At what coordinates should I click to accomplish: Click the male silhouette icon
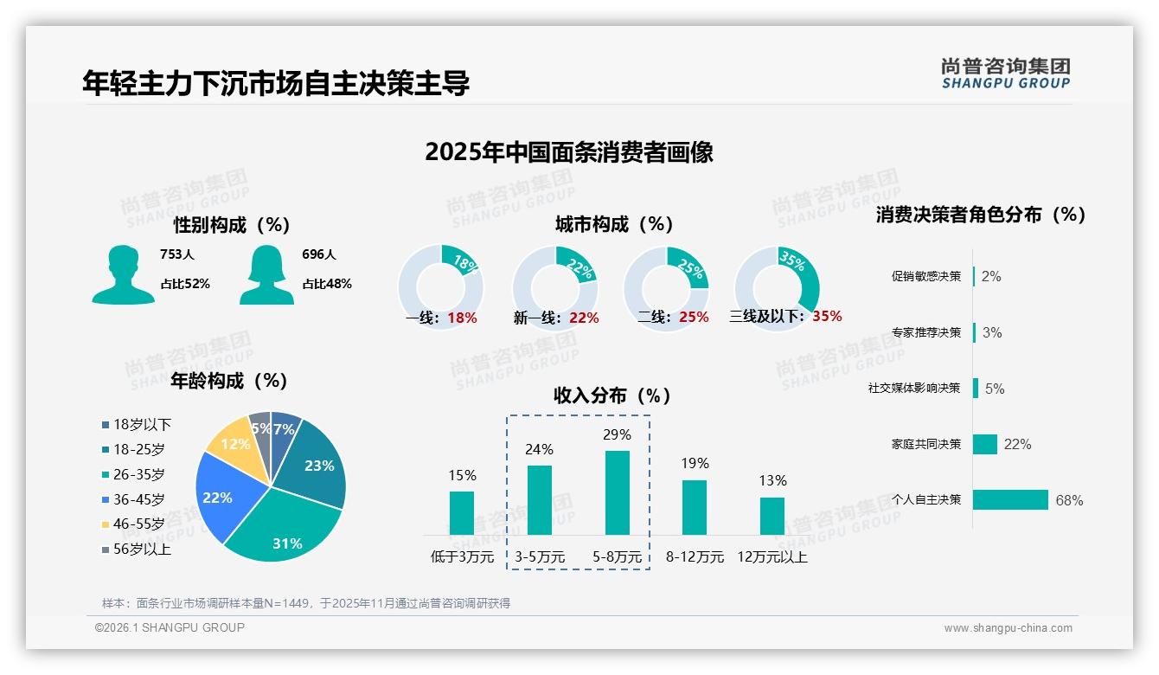[123, 275]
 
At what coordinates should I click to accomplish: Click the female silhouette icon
[266, 275]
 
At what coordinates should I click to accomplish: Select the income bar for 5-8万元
[618, 492]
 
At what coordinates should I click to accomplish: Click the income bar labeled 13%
[772, 516]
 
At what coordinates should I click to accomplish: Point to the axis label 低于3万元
[462, 556]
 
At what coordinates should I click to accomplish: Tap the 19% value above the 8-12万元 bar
[695, 463]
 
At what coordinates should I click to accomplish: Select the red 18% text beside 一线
[462, 318]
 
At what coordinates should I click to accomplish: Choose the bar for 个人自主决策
[1010, 499]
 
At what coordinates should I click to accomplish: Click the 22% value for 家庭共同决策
[1017, 444]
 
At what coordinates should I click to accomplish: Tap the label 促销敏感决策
[925, 276]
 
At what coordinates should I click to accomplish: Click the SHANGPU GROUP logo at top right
[1005, 74]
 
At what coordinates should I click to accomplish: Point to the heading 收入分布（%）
[612, 395]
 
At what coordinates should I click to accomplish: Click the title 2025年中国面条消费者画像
[569, 152]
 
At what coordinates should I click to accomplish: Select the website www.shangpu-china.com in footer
[1008, 628]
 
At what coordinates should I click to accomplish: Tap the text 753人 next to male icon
[177, 254]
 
